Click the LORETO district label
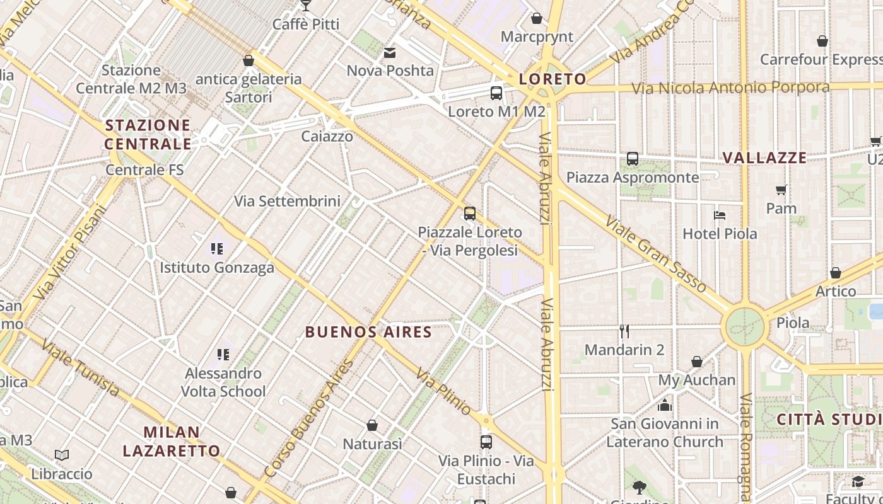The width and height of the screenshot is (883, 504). [553, 79]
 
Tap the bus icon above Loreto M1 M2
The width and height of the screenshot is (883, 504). [496, 93]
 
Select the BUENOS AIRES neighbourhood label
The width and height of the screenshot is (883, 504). [369, 332]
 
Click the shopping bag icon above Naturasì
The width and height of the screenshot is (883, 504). [372, 425]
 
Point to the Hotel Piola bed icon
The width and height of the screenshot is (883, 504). [720, 215]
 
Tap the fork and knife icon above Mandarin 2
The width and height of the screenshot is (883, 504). [624, 331]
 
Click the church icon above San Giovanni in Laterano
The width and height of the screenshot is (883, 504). [665, 405]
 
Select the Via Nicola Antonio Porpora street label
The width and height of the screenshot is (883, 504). [730, 87]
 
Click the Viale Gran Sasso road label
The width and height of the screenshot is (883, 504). [656, 254]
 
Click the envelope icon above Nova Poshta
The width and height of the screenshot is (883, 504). [390, 52]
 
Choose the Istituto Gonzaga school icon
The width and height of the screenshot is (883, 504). [217, 249]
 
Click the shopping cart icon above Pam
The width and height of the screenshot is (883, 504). [781, 190]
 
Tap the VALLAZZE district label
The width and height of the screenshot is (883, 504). [764, 157]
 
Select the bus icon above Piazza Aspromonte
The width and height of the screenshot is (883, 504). [633, 159]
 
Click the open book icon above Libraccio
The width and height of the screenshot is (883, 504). [62, 455]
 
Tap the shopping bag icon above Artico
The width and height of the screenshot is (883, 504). [836, 273]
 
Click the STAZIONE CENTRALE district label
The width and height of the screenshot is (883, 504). [148, 134]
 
